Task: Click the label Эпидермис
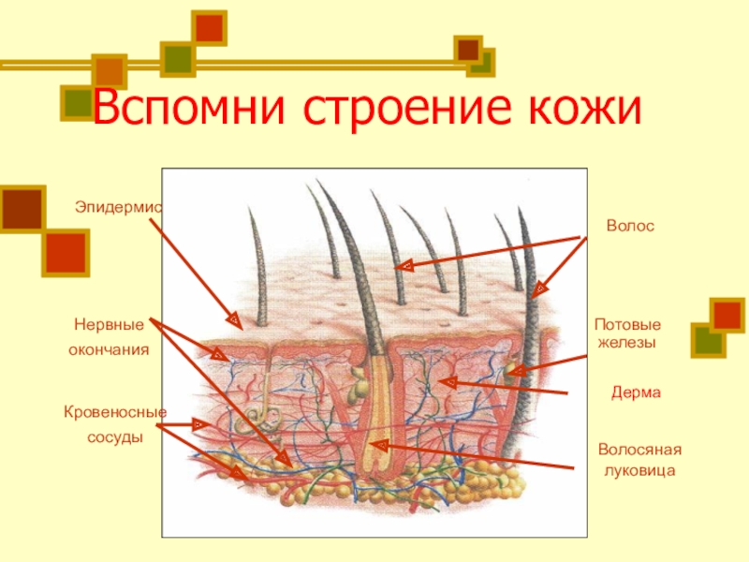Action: click(117, 203)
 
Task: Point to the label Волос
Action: click(629, 227)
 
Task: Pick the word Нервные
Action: click(109, 325)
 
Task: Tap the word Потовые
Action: click(627, 325)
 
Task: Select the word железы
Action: click(624, 343)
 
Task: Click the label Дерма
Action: click(636, 393)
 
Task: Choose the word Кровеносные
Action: click(114, 411)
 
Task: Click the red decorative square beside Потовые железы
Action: click(727, 315)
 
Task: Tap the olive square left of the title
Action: click(77, 102)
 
